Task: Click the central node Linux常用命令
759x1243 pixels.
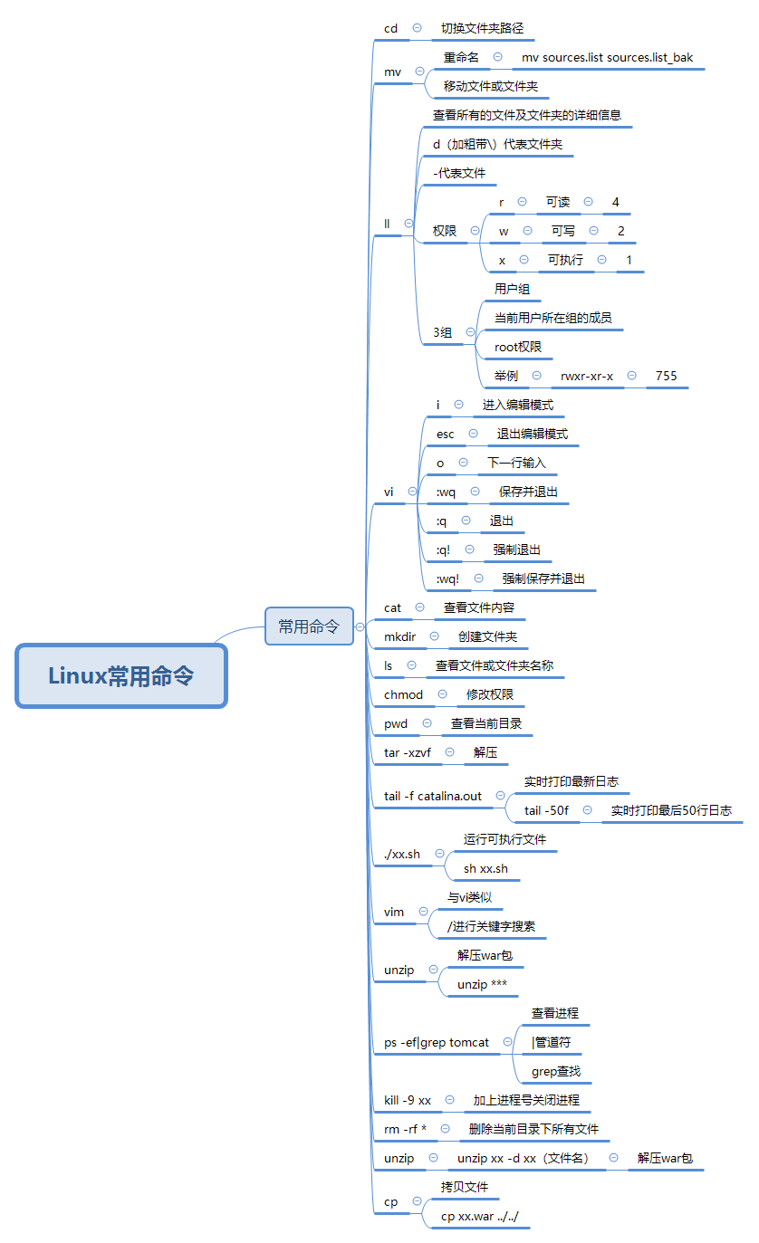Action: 120,675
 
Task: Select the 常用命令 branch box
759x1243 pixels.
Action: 309,626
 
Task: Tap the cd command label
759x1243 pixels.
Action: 390,28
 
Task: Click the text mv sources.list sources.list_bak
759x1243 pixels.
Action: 607,57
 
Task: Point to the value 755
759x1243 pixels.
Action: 667,376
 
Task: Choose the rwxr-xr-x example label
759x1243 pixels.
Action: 587,376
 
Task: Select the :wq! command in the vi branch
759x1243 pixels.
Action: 447,578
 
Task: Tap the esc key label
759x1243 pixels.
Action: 446,434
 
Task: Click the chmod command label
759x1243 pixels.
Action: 403,694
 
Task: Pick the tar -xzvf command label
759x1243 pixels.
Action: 408,752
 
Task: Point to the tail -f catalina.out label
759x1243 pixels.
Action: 433,796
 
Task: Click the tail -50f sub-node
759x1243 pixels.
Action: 546,810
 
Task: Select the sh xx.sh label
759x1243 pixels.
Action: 485,868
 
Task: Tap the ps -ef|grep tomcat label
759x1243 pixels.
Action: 437,1042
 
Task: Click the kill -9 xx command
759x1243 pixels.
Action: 408,1100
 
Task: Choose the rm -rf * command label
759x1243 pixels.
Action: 405,1129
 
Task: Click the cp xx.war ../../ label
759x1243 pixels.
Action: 480,1216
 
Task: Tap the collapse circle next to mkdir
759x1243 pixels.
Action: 434,636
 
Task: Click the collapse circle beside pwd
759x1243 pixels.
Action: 427,723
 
